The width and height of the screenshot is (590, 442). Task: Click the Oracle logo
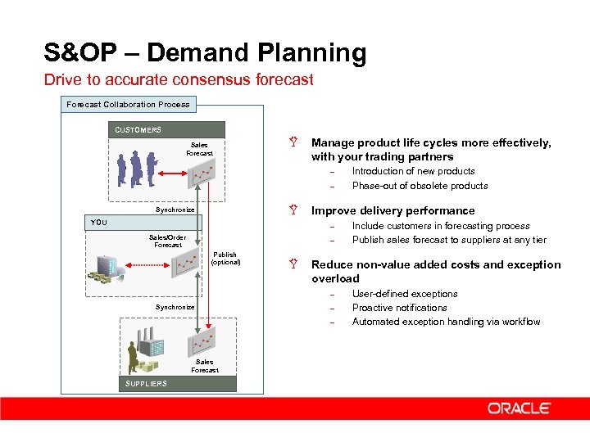coord(520,408)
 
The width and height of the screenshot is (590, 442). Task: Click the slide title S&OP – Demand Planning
coord(205,54)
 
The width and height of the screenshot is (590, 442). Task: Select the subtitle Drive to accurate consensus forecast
coord(179,80)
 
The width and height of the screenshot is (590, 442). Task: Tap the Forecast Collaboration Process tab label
coord(128,104)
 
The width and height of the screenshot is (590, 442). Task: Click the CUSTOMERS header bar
coord(168,129)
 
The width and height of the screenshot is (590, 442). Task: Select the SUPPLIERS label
coord(146,383)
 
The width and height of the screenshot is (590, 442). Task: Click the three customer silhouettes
coord(136,169)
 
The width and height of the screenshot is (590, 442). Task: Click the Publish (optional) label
coord(226,259)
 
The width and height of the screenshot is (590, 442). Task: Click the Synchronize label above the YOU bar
coord(175,210)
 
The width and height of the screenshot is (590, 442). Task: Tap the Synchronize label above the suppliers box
coord(175,307)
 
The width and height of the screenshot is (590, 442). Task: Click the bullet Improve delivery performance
coord(393,210)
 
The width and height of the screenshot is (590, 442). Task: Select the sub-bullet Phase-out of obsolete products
coord(420,186)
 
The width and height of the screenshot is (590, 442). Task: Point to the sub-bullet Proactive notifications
coord(399,308)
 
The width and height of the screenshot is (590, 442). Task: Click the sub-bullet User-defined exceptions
coord(405,294)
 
